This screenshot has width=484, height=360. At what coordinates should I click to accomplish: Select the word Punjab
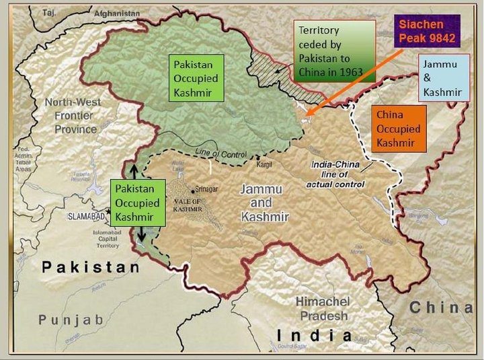pos(71,320)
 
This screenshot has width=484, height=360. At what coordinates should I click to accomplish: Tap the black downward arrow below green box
pos(141,236)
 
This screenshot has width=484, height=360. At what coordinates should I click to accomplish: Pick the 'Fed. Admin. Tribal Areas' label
pos(26,158)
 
